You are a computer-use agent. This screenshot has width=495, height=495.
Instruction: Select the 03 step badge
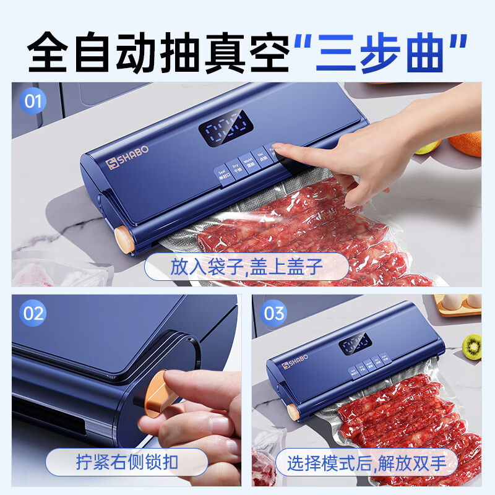(x=273, y=313)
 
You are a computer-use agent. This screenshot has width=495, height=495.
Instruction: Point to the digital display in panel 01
(x=225, y=131)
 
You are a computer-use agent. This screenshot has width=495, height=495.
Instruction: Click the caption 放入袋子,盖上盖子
(x=247, y=267)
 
